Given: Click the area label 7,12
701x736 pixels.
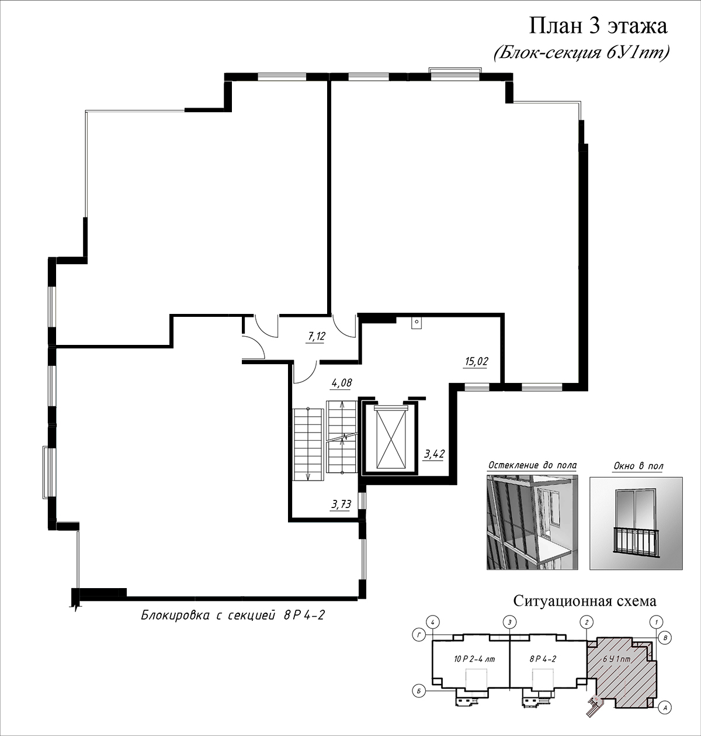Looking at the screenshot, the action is click(x=317, y=336).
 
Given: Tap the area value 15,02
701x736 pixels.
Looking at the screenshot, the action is click(x=476, y=362).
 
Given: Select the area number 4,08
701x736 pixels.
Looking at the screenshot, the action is click(x=342, y=383).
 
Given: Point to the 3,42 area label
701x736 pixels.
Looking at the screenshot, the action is click(x=434, y=454).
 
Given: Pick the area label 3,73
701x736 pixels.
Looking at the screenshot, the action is click(x=341, y=505).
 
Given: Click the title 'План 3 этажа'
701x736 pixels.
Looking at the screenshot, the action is click(x=598, y=26).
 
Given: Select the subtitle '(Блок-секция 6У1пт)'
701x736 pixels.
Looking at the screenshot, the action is click(x=581, y=53).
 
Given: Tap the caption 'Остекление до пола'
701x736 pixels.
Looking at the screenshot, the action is click(x=532, y=465).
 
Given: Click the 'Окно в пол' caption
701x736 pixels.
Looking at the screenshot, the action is click(x=638, y=466).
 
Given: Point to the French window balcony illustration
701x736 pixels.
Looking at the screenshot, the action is click(x=636, y=523).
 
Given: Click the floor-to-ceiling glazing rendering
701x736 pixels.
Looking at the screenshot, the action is click(x=532, y=523).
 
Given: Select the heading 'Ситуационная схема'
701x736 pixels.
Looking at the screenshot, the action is click(x=585, y=601).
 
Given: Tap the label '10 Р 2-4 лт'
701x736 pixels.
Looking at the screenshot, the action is click(x=474, y=659).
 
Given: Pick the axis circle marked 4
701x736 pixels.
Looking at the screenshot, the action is click(x=433, y=622).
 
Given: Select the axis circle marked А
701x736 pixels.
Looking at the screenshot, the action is click(x=665, y=707).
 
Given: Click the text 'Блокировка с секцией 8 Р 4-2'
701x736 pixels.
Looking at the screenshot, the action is click(x=232, y=616).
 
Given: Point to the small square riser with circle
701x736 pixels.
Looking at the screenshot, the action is click(x=417, y=322).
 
